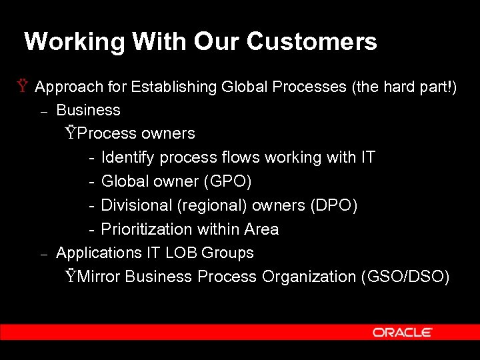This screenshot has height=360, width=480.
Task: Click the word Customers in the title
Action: coord(311,42)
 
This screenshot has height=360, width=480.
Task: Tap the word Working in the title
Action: coord(75,42)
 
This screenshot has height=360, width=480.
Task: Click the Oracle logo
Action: coord(402,332)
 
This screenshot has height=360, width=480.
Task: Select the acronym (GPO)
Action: coord(228,181)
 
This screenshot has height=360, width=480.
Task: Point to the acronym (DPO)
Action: coord(334,205)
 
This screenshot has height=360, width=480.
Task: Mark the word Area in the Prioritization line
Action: coord(261,229)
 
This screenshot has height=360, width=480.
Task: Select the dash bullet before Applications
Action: coord(43,254)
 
